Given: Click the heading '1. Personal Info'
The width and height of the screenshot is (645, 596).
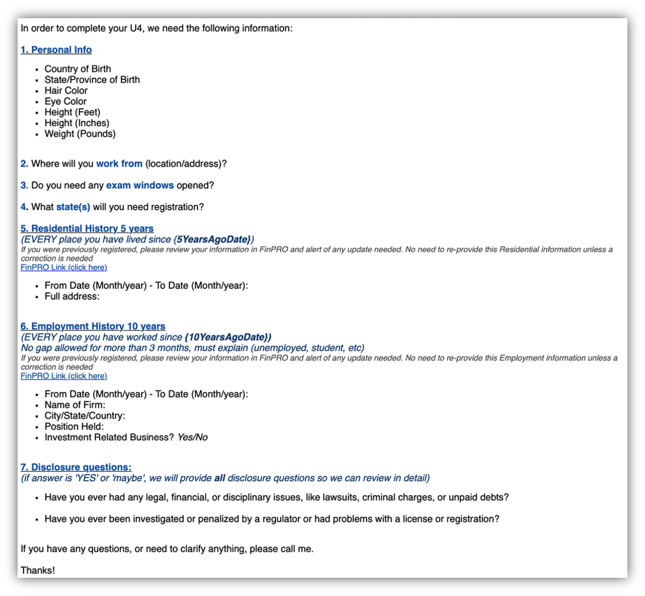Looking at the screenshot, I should click(56, 50).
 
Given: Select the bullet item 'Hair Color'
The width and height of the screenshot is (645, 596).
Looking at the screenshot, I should click(66, 90).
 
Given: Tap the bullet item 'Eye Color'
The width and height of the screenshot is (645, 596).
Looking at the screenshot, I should click(65, 101).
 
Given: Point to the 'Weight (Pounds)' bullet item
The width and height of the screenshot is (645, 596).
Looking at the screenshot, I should click(80, 134).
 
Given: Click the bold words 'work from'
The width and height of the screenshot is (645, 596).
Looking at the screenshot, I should click(119, 164).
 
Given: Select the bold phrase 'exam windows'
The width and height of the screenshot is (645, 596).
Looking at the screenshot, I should click(140, 185).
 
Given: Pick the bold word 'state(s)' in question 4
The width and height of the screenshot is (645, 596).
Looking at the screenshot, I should click(73, 207).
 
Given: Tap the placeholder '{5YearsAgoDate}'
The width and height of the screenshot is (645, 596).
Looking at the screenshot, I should click(213, 239).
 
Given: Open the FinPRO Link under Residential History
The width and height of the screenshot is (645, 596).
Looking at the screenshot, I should click(64, 267).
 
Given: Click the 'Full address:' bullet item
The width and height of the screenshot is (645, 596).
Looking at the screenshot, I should click(72, 296).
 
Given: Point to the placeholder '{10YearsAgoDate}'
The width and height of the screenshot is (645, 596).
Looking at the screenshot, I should click(227, 337).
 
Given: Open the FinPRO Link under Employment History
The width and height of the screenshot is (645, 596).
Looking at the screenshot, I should click(64, 376).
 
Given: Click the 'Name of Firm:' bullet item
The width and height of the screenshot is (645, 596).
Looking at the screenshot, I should click(74, 405).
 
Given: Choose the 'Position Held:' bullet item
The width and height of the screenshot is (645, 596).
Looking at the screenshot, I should click(74, 426).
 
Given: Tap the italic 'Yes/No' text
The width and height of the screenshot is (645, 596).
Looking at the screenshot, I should click(192, 438).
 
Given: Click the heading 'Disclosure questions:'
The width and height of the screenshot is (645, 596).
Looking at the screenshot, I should click(76, 467).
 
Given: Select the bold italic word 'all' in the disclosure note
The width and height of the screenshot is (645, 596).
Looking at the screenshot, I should click(219, 478).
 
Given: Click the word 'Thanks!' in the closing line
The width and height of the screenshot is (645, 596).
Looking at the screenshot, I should click(38, 570).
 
